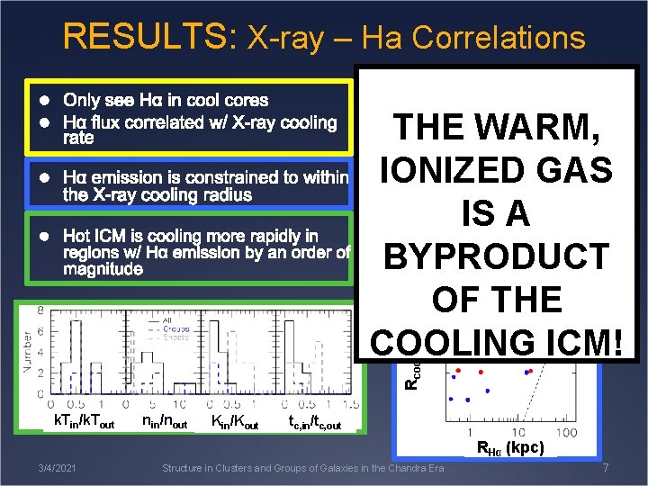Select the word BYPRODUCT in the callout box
pyautogui.click(x=498, y=256)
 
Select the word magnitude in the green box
pyautogui.click(x=103, y=269)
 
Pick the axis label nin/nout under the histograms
pyautogui.click(x=165, y=422)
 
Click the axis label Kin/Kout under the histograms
pyautogui.click(x=235, y=422)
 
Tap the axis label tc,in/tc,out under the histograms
pyautogui.click(x=314, y=422)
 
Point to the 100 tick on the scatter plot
pyautogui.click(x=566, y=432)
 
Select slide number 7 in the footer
pyautogui.click(x=605, y=469)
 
